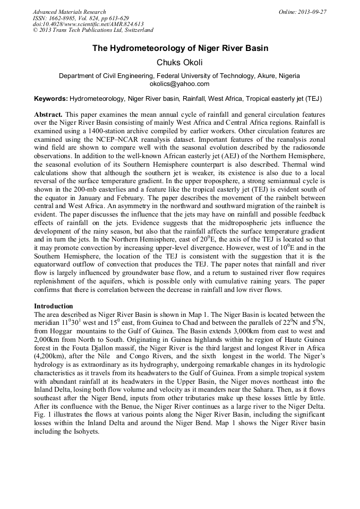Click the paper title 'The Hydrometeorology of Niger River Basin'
coord(180,48)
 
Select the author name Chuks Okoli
coord(179,63)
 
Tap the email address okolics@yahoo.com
coord(179,84)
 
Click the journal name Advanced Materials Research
coord(69,11)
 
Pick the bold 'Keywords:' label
coord(50,99)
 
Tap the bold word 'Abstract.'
coord(49,115)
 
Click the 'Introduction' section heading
coord(54,306)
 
